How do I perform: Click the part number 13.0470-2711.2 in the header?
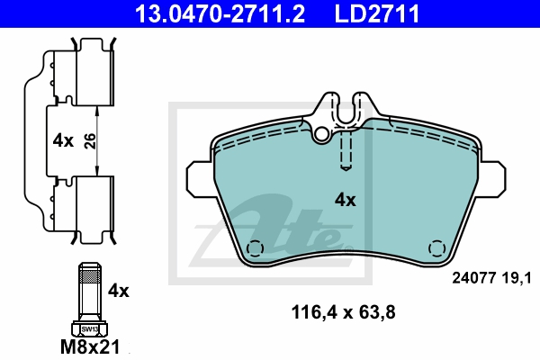coord(220,13)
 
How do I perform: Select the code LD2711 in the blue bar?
coord(377,13)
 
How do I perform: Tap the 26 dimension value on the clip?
coord(90,141)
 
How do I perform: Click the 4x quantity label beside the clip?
coord(63,140)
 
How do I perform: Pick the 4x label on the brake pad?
coord(346,200)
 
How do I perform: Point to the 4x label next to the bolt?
coord(119,291)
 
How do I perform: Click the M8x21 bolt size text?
coord(90,346)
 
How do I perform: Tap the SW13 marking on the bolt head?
coord(89,329)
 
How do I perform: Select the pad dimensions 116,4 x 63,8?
coord(344,312)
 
